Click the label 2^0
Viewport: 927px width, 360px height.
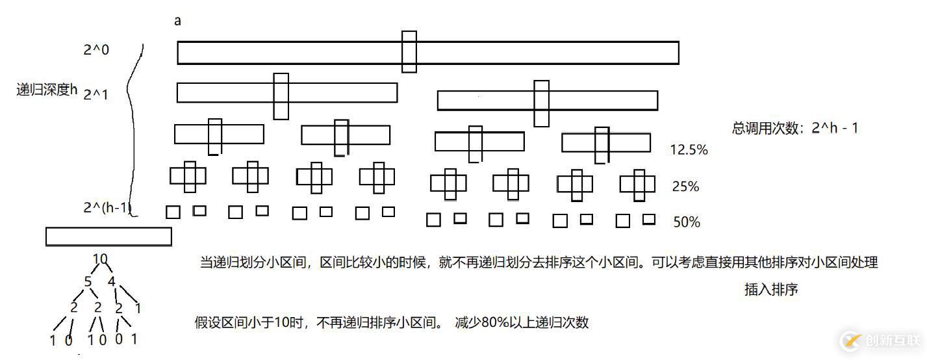[96, 49]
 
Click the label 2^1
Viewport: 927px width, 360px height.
[96, 94]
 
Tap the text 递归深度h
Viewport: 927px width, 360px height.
[47, 90]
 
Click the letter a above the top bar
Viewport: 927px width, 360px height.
[177, 21]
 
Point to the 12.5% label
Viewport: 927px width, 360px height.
[689, 150]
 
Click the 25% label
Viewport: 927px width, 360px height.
[686, 187]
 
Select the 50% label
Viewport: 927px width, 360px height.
[687, 222]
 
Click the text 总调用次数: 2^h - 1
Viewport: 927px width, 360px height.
[795, 128]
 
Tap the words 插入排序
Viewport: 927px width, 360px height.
[771, 290]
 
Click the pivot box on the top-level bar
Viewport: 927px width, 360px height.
[409, 52]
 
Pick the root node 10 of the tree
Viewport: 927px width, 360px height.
[100, 259]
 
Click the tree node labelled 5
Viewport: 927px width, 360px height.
[88, 282]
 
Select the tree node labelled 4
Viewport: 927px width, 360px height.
[111, 282]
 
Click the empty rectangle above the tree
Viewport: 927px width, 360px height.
[108, 237]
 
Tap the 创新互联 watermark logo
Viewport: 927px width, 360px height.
[880, 340]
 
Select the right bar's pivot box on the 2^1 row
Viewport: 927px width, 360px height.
[541, 103]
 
